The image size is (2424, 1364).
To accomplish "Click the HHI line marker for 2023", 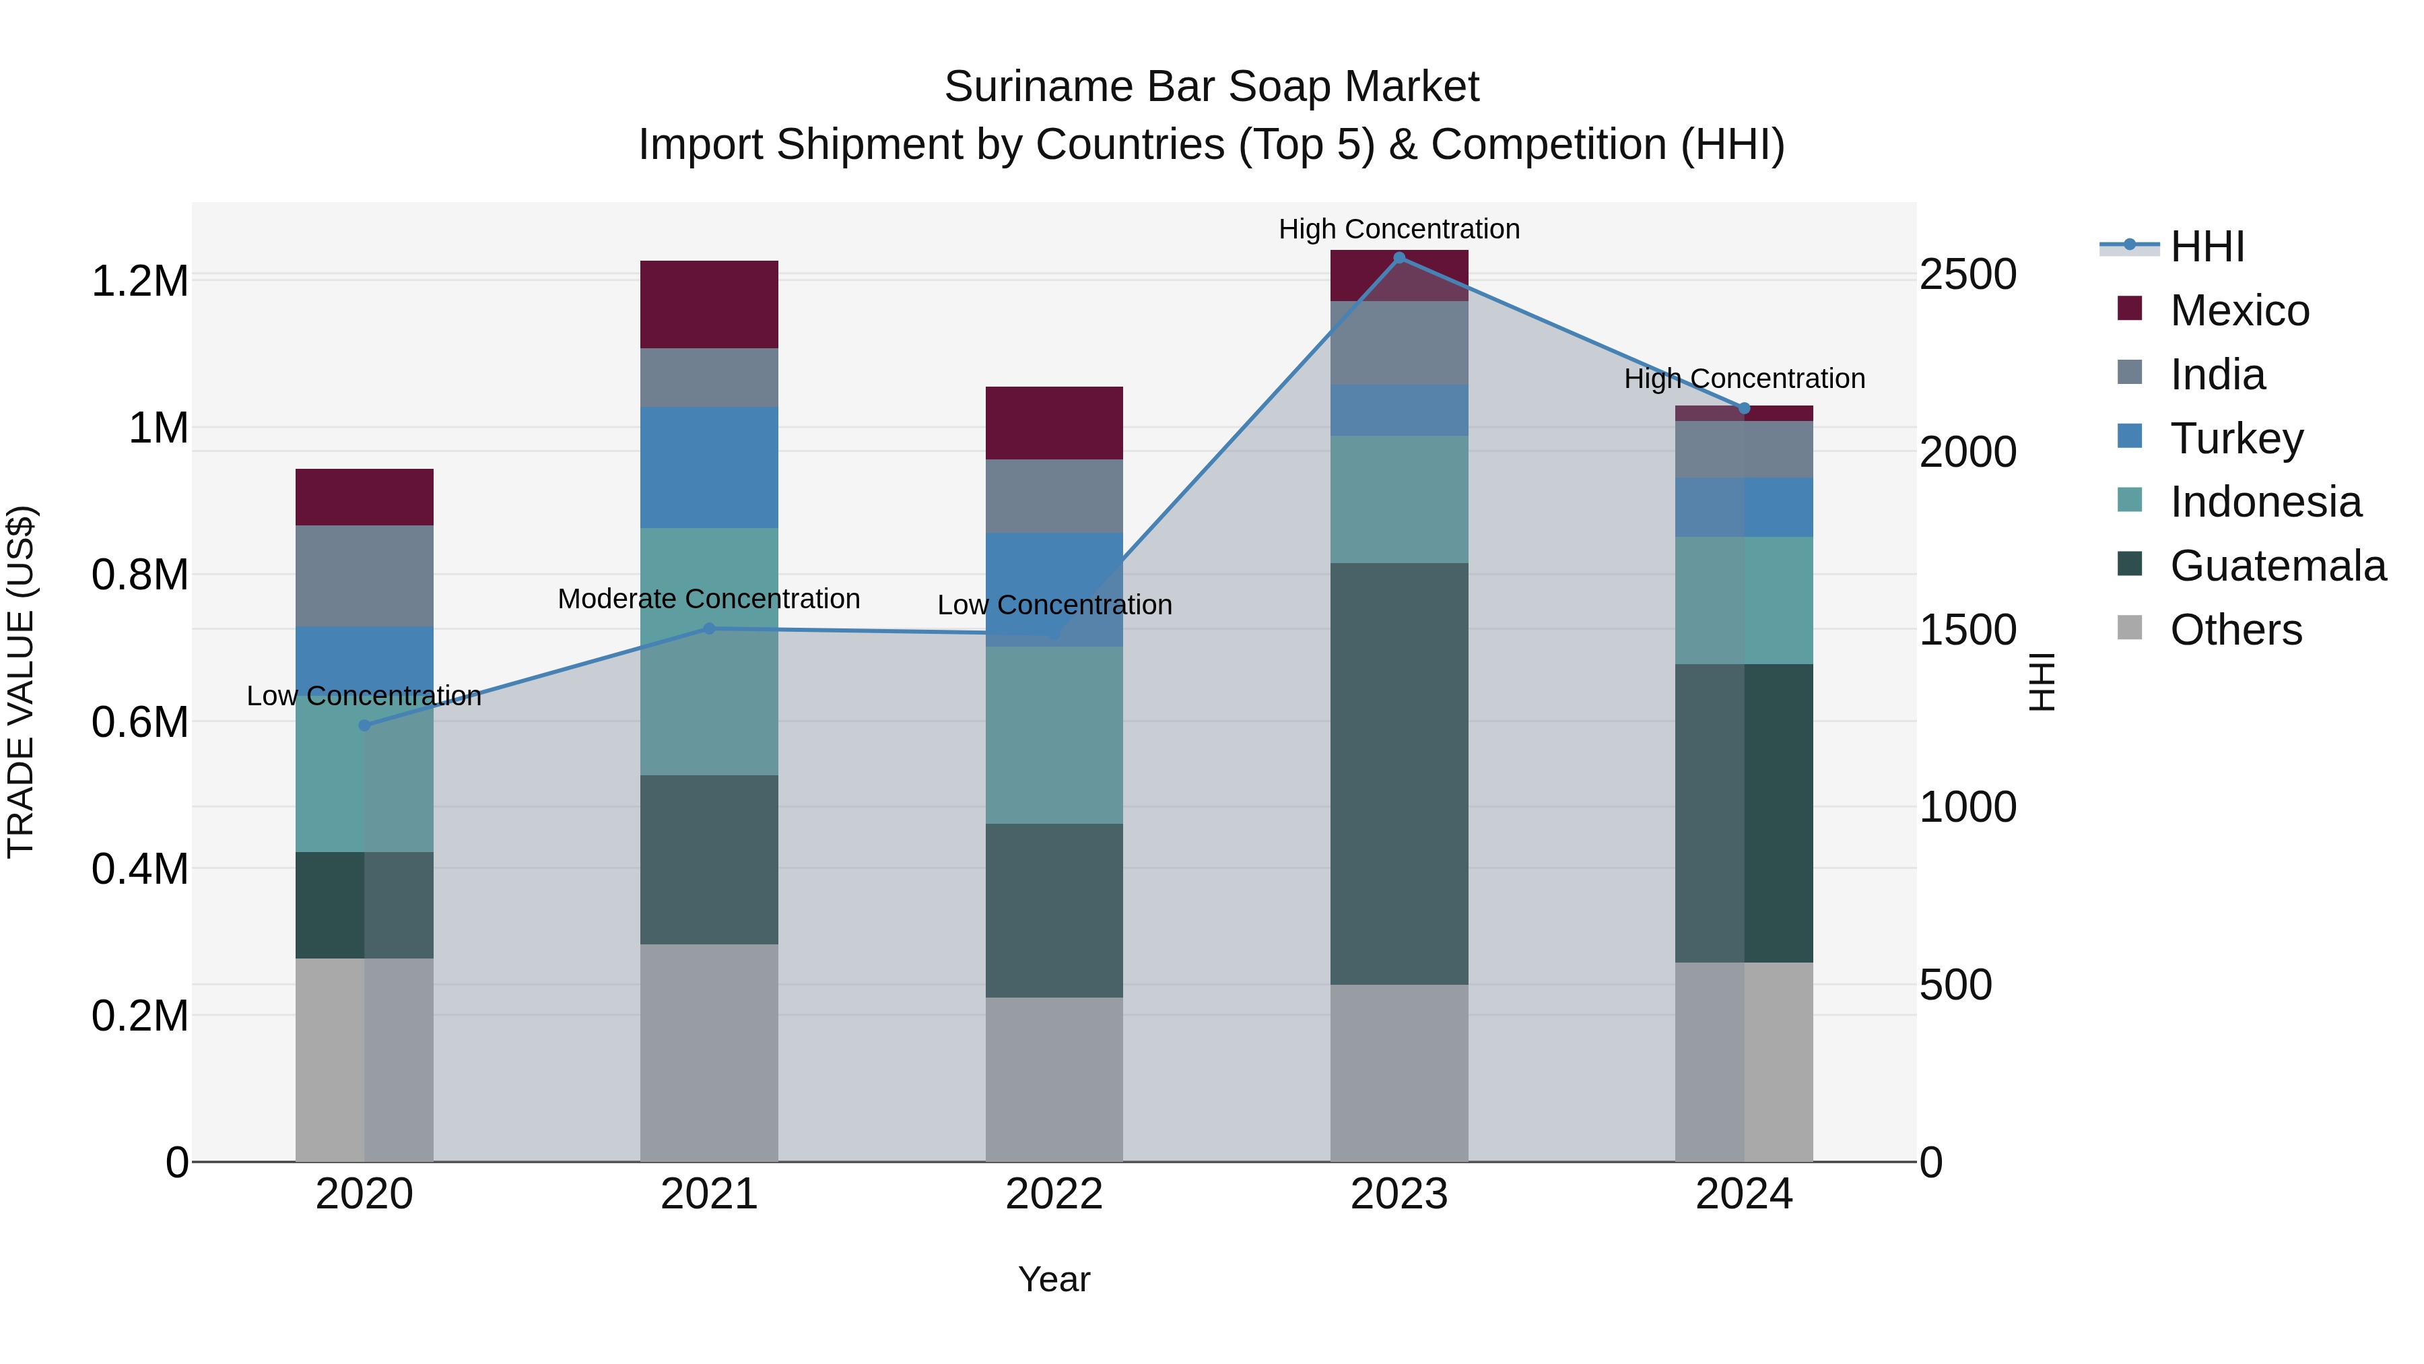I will click(1399, 258).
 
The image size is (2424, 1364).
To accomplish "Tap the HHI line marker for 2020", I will click(364, 725).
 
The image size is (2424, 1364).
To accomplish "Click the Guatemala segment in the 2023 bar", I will click(1399, 774).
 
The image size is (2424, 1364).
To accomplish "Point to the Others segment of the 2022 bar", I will click(1054, 1079).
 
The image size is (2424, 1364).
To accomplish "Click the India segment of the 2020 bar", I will click(364, 575).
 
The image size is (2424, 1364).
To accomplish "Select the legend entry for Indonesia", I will click(2265, 502).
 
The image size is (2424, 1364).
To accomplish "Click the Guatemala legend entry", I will click(2277, 566).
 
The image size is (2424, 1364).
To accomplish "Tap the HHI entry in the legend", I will click(2207, 247).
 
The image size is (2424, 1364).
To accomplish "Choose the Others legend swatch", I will click(2130, 628).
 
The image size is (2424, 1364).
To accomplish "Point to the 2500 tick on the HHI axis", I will click(1967, 275).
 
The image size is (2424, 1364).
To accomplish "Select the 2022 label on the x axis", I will click(1054, 1194).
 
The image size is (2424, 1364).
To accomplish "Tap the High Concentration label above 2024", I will click(1744, 379).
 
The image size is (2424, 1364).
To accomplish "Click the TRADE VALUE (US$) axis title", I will click(21, 682).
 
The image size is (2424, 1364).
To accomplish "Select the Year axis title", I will click(1054, 1279).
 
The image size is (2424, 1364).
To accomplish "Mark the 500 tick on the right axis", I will click(1955, 985).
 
